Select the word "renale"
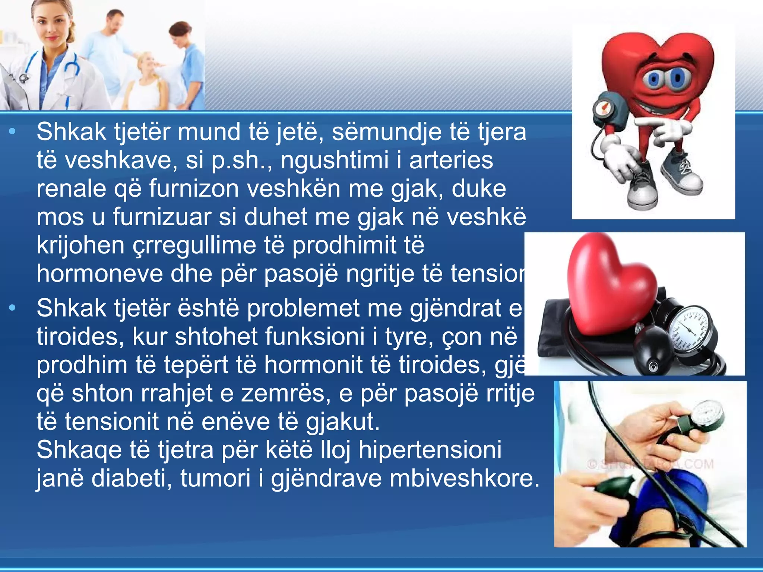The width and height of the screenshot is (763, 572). click(71, 189)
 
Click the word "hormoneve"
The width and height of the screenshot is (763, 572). click(100, 274)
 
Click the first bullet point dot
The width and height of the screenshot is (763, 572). click(13, 131)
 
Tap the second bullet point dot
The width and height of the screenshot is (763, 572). click(13, 308)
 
